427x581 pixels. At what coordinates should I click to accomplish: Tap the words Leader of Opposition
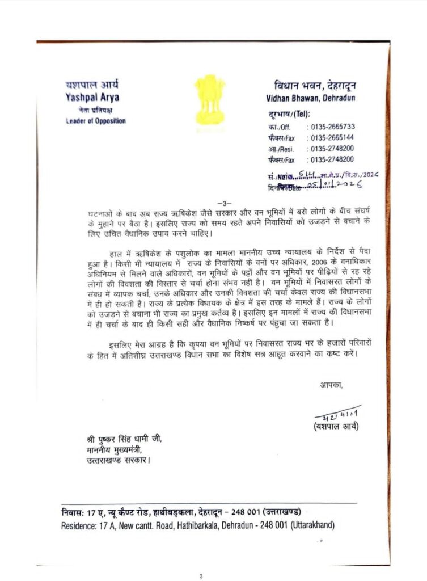(x=95, y=121)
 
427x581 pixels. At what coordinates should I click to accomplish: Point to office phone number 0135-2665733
(x=332, y=127)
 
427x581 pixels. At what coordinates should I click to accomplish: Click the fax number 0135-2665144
(x=332, y=138)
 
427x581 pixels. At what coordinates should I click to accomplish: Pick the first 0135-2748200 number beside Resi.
(x=332, y=149)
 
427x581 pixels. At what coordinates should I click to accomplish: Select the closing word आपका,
(x=332, y=385)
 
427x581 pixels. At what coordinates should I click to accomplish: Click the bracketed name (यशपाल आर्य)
(x=335, y=426)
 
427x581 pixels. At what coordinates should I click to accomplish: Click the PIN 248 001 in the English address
(x=273, y=525)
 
